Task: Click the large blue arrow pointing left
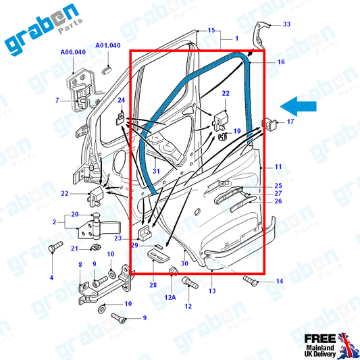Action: pos(298,106)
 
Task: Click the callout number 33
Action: pos(286,24)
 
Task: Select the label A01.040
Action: pos(108,45)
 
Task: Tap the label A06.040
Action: pos(73,52)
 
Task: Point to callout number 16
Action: pos(281,61)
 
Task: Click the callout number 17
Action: pos(290,122)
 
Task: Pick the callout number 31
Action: pos(156,171)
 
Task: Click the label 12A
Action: pos(170,297)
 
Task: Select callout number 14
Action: pos(280,281)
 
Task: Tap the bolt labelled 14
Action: pos(251,281)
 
